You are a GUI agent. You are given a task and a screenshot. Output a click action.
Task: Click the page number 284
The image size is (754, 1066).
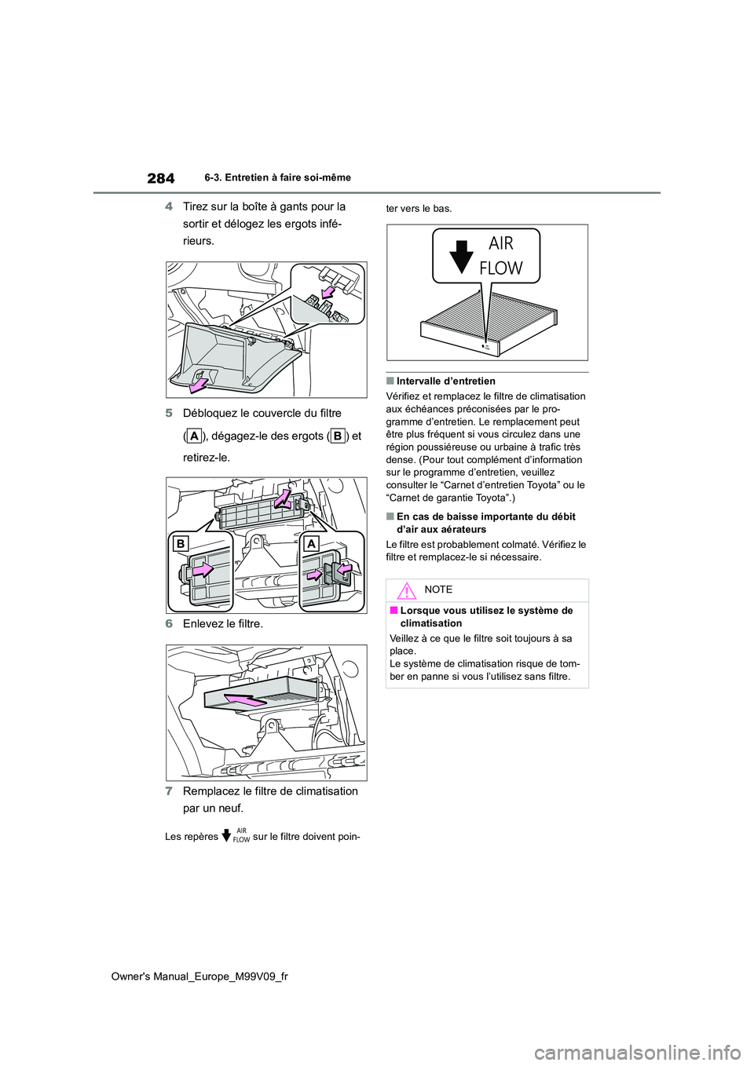pos(160,178)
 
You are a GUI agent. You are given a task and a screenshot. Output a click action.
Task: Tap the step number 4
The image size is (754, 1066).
pos(170,206)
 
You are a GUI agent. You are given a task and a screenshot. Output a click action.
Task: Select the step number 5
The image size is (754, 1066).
pos(170,414)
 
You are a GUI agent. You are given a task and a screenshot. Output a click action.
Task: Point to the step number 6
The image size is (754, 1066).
pos(170,624)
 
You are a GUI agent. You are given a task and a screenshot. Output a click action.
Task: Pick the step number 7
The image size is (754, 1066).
pos(170,791)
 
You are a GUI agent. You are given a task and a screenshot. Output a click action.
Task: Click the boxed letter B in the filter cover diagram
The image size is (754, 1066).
pos(180,544)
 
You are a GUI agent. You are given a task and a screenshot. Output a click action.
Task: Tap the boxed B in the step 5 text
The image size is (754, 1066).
pos(336,436)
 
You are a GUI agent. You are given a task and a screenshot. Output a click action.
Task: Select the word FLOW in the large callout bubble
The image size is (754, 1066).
pos(501,268)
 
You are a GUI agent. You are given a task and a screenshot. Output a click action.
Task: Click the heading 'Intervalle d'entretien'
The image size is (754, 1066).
pos(445,381)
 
